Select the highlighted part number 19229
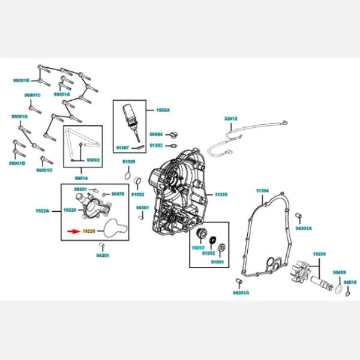coord(89,230)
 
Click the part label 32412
coord(232,119)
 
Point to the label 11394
coord(262,191)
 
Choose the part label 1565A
coord(163,111)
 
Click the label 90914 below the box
coord(82,178)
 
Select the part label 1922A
coord(42,211)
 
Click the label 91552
coord(137,194)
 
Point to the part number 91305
coord(128,162)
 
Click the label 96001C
coord(32,95)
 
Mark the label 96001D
coord(44,170)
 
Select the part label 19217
coord(198,248)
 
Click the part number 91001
coord(217,262)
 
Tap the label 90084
coord(156,134)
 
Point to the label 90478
coord(118,194)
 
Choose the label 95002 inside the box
coord(94,160)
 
